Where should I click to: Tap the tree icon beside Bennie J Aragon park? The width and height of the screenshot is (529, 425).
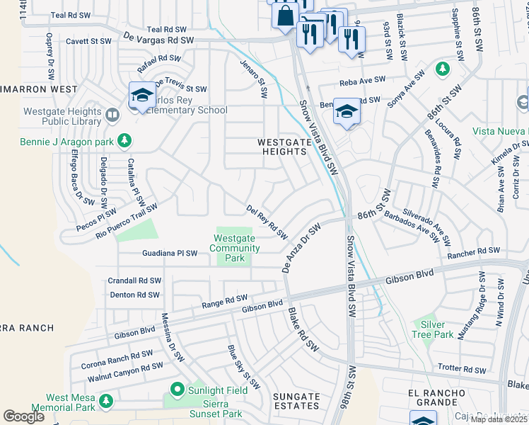[x=124, y=141]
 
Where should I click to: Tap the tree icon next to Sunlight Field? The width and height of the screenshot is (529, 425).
[x=178, y=389]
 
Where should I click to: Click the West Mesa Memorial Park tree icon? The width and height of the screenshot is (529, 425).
[x=106, y=402]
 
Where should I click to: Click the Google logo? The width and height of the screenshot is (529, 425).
[x=23, y=416]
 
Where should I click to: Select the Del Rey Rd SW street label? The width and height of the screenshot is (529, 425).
[x=267, y=222]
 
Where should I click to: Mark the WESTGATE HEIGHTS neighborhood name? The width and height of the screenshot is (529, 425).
[x=286, y=147]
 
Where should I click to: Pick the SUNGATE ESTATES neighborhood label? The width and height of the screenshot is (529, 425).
[x=296, y=400]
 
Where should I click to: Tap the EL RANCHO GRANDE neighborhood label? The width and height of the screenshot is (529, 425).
[x=436, y=398]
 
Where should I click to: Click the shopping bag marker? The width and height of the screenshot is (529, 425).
[x=284, y=16]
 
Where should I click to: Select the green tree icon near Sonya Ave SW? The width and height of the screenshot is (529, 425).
[x=443, y=69]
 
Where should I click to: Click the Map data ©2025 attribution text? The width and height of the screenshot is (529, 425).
[x=499, y=419]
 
